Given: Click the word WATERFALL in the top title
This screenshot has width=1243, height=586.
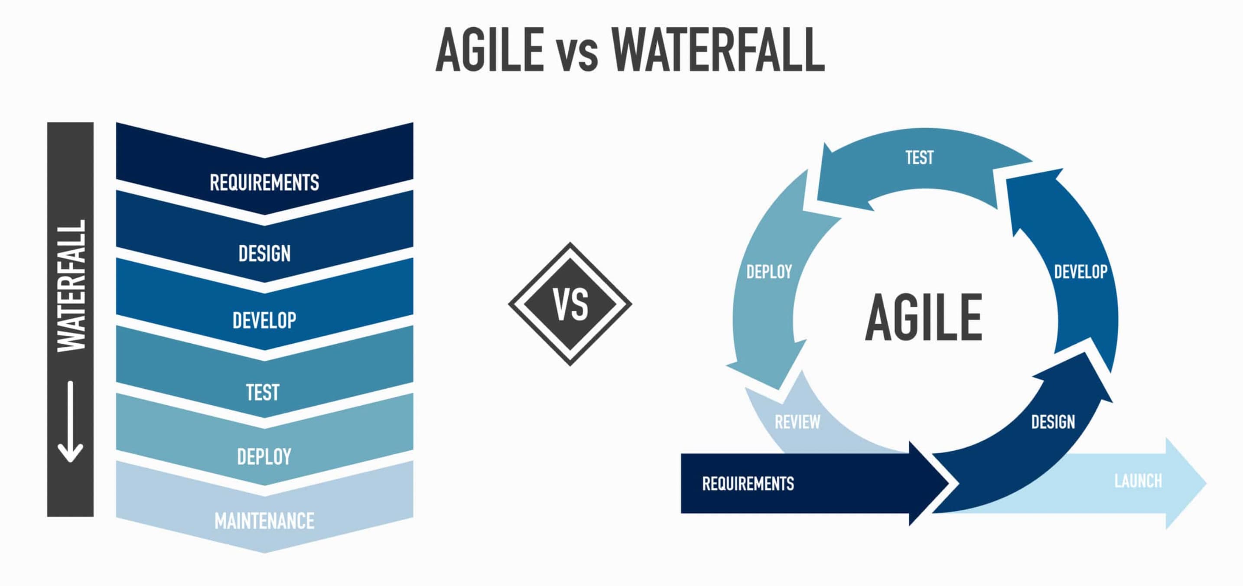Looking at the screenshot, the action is tap(718, 49).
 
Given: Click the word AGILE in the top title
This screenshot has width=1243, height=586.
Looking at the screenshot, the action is tap(490, 49).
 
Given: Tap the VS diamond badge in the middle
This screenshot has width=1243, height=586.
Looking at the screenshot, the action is tap(570, 304).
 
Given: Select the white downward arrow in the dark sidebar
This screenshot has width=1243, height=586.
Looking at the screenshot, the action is tap(71, 421).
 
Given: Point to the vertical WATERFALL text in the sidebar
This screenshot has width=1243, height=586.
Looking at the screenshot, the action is tap(72, 286).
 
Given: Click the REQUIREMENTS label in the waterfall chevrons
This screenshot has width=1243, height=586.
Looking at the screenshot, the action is tap(264, 182).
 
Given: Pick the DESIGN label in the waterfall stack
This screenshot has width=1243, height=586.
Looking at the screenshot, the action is tap(264, 254).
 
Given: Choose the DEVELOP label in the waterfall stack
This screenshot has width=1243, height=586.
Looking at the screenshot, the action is tap(264, 320).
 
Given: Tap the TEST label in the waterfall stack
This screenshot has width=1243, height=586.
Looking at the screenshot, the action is tap(263, 392).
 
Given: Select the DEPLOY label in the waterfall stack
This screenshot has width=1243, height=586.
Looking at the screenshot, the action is tap(264, 457).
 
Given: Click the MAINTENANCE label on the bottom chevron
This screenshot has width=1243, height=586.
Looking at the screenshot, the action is tap(264, 521).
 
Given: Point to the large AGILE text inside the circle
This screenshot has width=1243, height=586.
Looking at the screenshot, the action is tap(924, 317).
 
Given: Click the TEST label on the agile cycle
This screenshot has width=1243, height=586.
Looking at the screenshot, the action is tap(920, 157).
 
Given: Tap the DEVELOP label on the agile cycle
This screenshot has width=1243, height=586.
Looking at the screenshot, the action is tap(1081, 272).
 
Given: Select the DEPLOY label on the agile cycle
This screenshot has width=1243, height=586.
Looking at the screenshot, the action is tap(769, 272).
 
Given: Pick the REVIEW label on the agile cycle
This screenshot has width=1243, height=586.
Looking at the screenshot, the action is tap(797, 422).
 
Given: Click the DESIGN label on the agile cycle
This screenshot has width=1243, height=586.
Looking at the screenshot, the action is tap(1053, 422).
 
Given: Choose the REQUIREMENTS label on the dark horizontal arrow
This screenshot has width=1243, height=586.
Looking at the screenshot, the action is tap(748, 483).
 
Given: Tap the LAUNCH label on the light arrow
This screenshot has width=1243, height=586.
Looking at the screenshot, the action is tap(1138, 481).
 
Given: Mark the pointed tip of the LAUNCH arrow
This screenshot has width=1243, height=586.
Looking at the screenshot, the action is tap(1206, 483).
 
